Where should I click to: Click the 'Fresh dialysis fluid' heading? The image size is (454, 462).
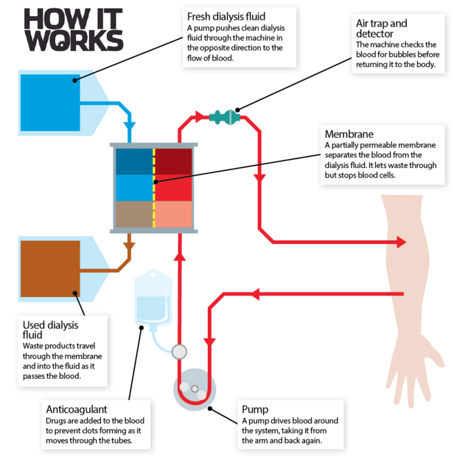tap(226, 17)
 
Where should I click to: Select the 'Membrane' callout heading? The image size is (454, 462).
tap(349, 134)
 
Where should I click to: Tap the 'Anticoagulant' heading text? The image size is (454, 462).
tap(77, 410)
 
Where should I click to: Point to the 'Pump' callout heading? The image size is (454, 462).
tap(255, 410)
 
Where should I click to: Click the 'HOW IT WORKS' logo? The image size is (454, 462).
tap(74, 29)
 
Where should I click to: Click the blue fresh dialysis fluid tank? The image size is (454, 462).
tap(50, 102)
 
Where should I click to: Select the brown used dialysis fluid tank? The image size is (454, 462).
tap(50, 269)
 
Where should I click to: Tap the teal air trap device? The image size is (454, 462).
tap(224, 118)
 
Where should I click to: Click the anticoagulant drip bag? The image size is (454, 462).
tap(153, 298)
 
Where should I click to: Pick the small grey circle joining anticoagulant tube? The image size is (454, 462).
tap(179, 351)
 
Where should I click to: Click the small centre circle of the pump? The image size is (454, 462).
tap(194, 389)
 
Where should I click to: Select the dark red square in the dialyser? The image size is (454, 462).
tap(174, 162)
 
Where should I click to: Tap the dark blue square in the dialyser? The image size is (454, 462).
tap(134, 162)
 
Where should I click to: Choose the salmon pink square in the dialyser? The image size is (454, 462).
tap(174, 214)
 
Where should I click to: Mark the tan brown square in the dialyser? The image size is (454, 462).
tap(134, 214)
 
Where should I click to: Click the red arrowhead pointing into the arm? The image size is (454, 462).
tap(401, 242)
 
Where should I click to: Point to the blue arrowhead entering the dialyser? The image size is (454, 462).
tap(129, 126)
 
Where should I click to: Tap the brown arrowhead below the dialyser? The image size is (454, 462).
tap(129, 247)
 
